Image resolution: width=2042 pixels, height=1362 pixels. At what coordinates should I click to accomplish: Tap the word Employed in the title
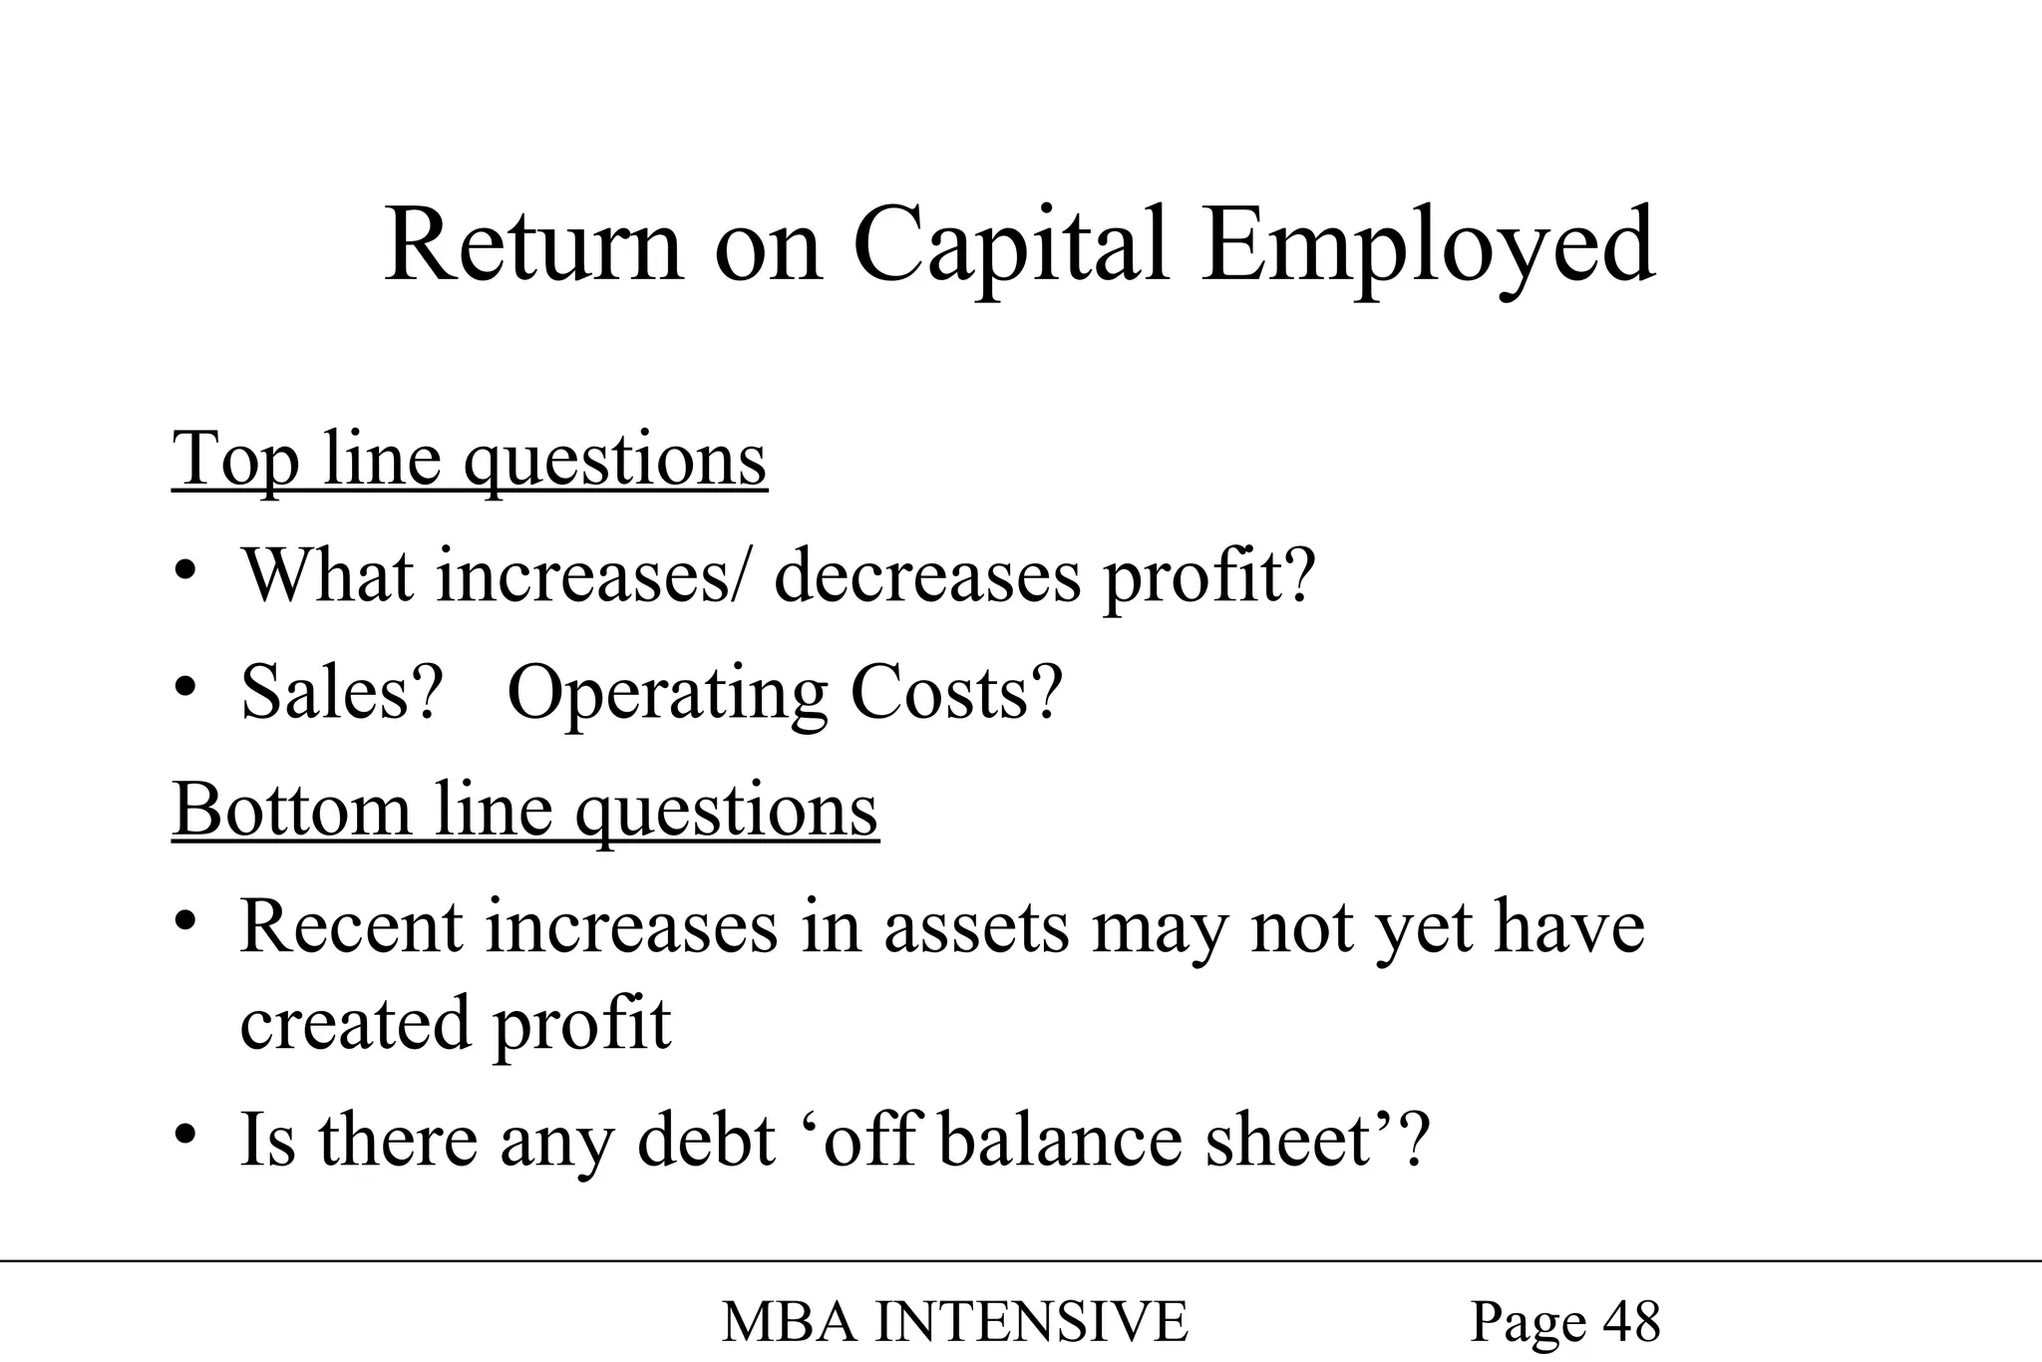(x=1428, y=246)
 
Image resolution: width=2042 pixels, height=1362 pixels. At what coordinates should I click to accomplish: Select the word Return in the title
(x=533, y=246)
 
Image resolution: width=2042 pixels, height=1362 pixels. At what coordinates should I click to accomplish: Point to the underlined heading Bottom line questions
(x=525, y=809)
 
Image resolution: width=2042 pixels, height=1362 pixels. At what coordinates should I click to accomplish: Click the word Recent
(x=351, y=927)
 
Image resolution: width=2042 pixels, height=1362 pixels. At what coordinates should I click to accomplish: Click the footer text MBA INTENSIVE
(x=954, y=1322)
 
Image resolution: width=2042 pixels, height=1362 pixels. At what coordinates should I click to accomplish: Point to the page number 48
(x=1631, y=1322)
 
